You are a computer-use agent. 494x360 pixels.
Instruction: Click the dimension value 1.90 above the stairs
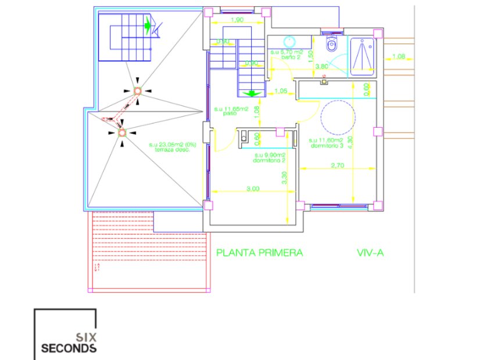(x=237, y=21)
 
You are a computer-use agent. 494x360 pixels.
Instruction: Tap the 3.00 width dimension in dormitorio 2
(x=252, y=188)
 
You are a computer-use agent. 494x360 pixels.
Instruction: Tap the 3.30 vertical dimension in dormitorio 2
(x=284, y=181)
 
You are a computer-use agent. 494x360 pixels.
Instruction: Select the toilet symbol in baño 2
(x=332, y=45)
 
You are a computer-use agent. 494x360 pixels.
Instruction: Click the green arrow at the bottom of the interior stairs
(x=252, y=93)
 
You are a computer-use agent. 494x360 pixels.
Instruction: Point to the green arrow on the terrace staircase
(x=148, y=25)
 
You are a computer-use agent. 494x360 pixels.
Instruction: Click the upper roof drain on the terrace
(x=138, y=91)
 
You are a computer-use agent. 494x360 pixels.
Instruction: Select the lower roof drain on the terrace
(x=122, y=133)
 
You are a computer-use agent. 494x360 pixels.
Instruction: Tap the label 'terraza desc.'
(x=173, y=149)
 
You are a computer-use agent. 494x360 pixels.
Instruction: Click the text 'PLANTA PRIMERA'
(x=259, y=253)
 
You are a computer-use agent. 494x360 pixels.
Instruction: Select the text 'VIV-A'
(x=370, y=253)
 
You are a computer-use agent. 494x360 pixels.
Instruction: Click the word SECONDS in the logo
(x=69, y=348)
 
